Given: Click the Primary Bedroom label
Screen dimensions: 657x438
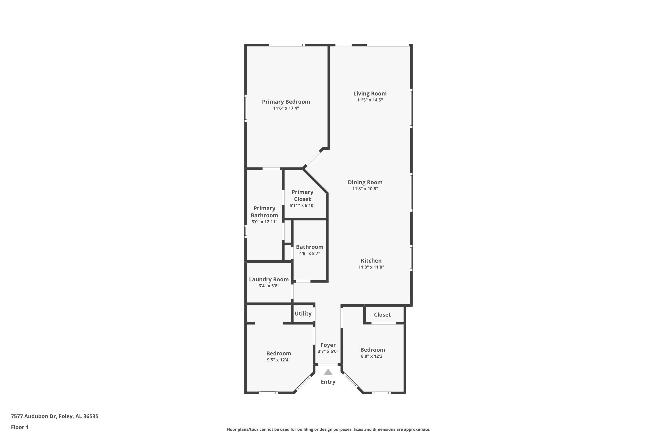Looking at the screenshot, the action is pyautogui.click(x=286, y=102).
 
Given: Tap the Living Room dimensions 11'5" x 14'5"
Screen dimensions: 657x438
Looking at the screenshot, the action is pyautogui.click(x=370, y=100).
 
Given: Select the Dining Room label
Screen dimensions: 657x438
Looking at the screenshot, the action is pyautogui.click(x=365, y=182).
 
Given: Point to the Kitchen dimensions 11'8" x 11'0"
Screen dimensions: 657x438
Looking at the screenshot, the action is pyautogui.click(x=371, y=267).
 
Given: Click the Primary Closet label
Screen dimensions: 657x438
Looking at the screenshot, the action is pyautogui.click(x=302, y=196).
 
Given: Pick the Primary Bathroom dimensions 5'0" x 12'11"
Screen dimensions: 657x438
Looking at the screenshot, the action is pyautogui.click(x=264, y=222).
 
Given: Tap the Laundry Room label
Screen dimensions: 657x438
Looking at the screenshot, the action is pyautogui.click(x=269, y=279).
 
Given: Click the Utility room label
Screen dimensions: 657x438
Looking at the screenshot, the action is pyautogui.click(x=303, y=314).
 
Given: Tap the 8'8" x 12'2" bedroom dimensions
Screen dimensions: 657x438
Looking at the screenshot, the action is pyautogui.click(x=373, y=356).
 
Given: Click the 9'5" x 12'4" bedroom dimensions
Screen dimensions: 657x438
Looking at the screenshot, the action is pyautogui.click(x=279, y=360).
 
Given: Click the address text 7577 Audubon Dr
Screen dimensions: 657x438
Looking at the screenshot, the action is pyautogui.click(x=34, y=416).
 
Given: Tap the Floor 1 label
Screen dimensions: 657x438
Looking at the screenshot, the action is pyautogui.click(x=19, y=427).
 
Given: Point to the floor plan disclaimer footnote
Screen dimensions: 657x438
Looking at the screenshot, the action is pyautogui.click(x=328, y=429).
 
